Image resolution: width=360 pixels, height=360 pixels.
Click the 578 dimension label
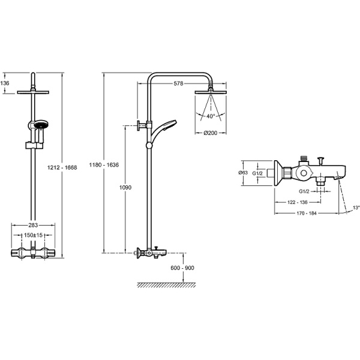click(178, 83)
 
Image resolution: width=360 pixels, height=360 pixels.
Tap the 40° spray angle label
click(211, 116)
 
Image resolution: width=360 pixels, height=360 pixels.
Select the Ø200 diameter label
click(211, 133)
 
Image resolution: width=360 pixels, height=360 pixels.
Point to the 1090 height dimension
click(125, 188)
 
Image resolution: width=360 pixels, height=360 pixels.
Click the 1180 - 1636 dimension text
click(104, 165)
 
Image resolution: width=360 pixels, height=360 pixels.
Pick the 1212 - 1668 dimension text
click(62, 167)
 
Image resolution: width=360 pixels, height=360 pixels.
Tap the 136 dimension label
click(5, 83)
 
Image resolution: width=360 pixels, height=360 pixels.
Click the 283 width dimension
click(33, 225)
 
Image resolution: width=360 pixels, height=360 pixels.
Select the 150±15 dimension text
click(33, 235)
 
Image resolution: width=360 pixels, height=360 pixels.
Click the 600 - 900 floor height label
click(182, 268)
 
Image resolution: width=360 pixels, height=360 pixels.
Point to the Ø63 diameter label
click(243, 173)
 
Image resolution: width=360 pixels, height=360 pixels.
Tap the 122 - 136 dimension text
click(298, 202)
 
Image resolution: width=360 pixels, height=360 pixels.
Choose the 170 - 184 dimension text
click(307, 213)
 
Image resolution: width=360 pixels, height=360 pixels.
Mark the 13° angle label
click(356, 208)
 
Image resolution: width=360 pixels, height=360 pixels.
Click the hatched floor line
click(166, 285)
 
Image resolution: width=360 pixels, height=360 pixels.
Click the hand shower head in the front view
click(41, 125)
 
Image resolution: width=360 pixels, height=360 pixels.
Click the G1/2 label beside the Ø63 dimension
click(257, 173)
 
